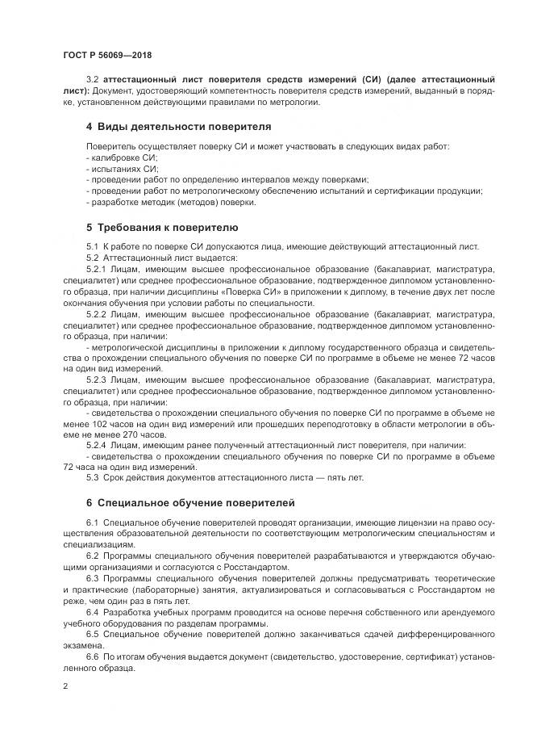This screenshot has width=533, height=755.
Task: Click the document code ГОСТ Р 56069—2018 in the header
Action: pos(106,56)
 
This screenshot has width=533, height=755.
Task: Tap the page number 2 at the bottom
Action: pos(65,686)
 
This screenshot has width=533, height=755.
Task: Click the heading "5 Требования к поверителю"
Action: pos(161,227)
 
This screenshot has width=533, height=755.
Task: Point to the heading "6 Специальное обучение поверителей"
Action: pos(190,502)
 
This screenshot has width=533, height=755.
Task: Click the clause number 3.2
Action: pos(94,81)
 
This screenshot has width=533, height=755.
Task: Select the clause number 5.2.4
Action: pos(97,445)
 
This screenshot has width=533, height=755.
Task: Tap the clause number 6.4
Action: pos(92,613)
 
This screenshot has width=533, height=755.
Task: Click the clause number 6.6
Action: pos(92,658)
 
